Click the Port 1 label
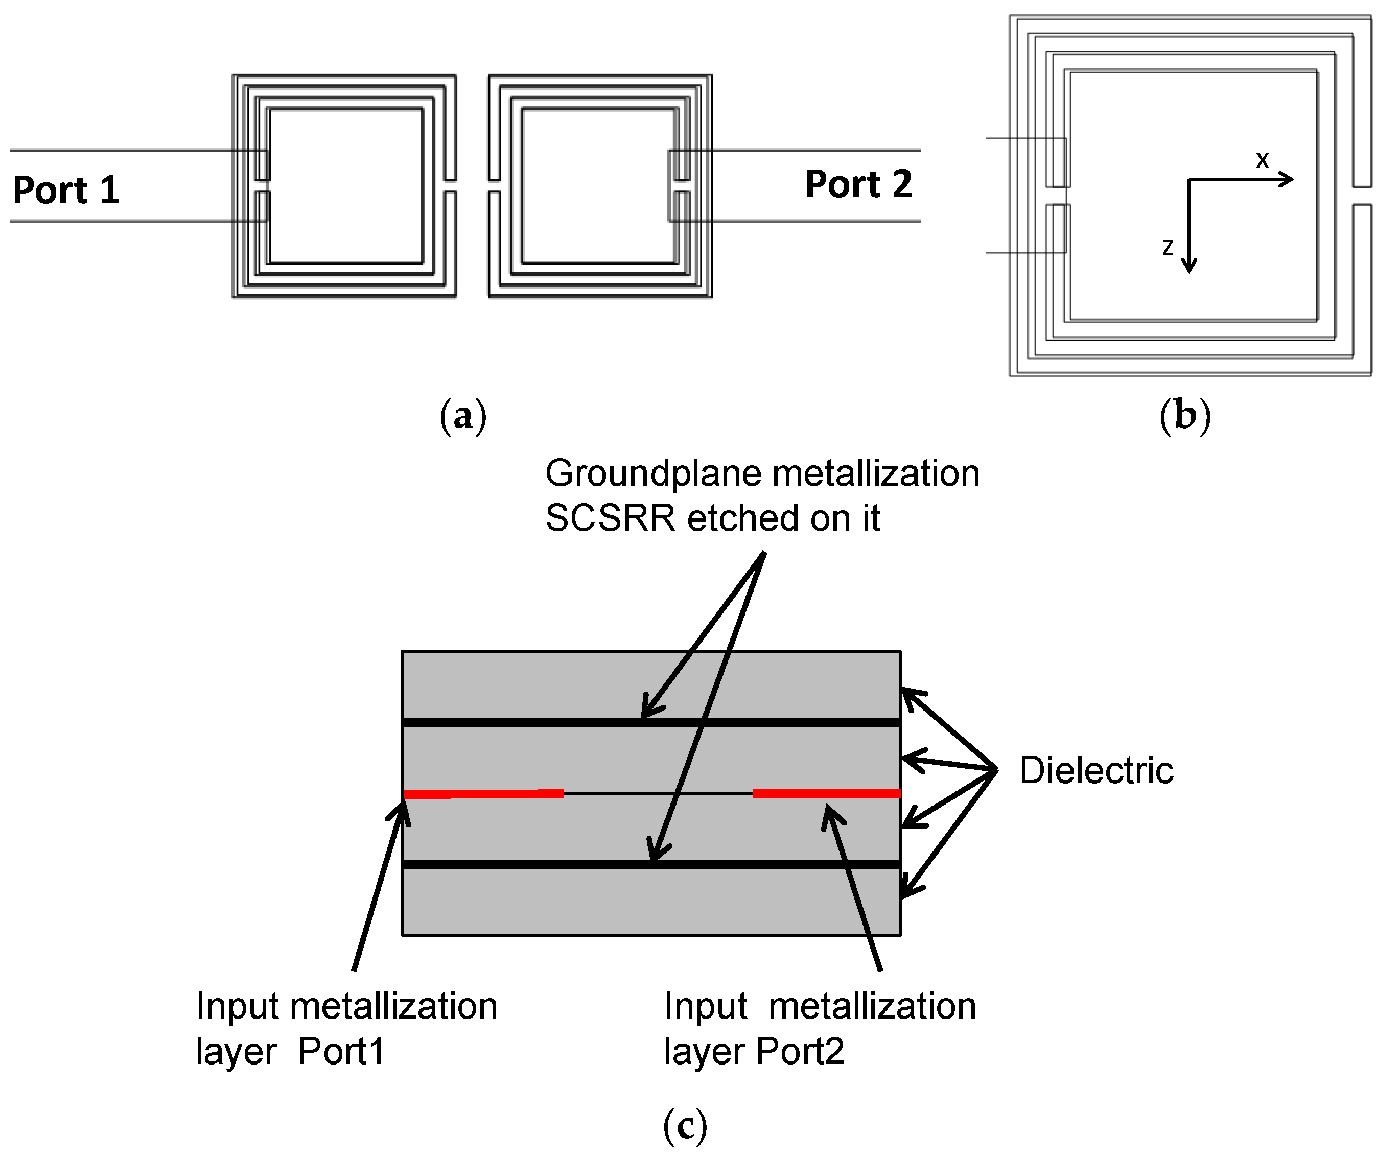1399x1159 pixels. [66, 190]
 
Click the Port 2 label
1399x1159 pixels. [859, 184]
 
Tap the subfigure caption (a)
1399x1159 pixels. [463, 416]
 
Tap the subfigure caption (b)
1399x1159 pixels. [1185, 416]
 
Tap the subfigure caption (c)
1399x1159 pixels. [685, 1126]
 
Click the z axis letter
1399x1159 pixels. [1167, 247]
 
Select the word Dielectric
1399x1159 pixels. [1097, 771]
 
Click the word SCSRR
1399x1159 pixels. [610, 519]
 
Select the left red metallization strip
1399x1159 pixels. [484, 794]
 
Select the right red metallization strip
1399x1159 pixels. [827, 793]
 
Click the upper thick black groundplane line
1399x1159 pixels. [651, 723]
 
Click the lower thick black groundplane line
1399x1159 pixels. [651, 865]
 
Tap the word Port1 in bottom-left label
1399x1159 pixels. [341, 1052]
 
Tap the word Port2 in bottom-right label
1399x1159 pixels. [800, 1052]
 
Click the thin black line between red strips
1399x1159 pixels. [658, 793]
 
